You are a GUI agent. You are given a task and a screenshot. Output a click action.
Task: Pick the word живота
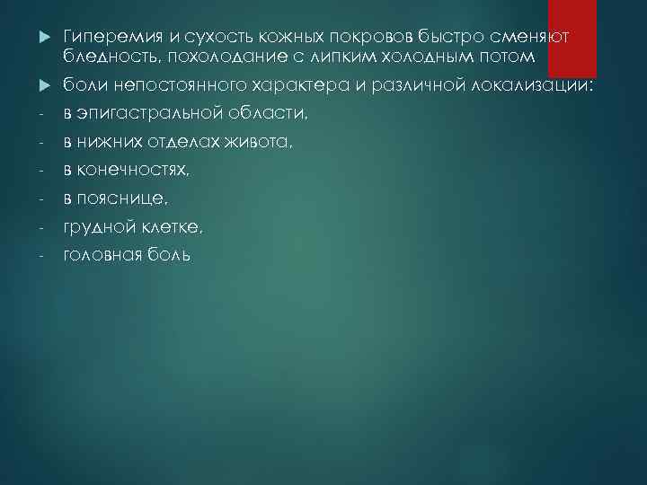[264, 143]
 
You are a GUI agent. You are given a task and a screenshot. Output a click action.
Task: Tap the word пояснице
[123, 199]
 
